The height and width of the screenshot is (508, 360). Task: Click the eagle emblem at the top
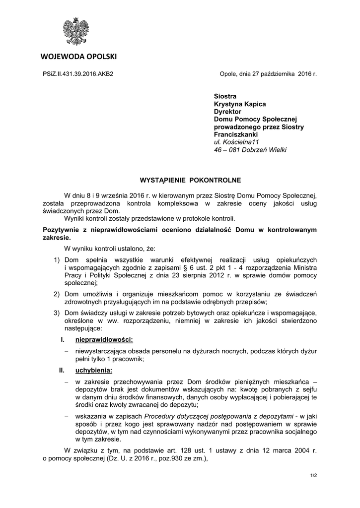75,32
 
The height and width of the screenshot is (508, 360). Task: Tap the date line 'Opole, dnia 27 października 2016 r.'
268,74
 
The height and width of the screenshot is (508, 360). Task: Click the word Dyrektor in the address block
227,112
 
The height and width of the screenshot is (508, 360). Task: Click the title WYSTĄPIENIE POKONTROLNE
179,180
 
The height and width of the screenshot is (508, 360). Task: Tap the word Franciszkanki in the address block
235,134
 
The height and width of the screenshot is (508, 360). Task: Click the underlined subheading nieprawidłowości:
104,340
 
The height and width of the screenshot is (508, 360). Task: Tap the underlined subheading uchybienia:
94,370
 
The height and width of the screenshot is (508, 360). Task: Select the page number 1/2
313,476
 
